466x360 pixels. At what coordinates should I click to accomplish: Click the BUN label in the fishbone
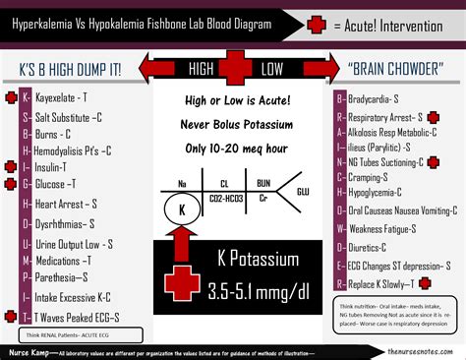(x=263, y=183)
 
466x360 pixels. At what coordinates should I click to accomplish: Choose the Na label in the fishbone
(x=182, y=183)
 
